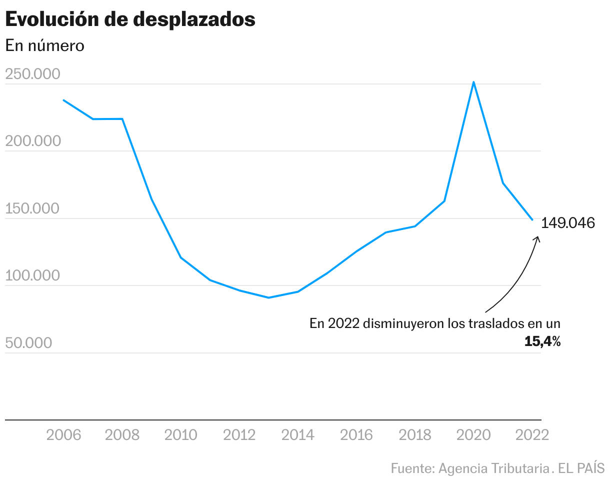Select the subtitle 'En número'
44,45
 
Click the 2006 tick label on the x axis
63,435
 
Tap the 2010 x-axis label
181,435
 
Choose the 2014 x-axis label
298,435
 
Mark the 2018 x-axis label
415,435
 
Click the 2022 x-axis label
532,435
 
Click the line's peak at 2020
473,82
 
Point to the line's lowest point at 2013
268,297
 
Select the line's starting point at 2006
63,100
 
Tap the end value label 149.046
568,223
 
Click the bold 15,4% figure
542,342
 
